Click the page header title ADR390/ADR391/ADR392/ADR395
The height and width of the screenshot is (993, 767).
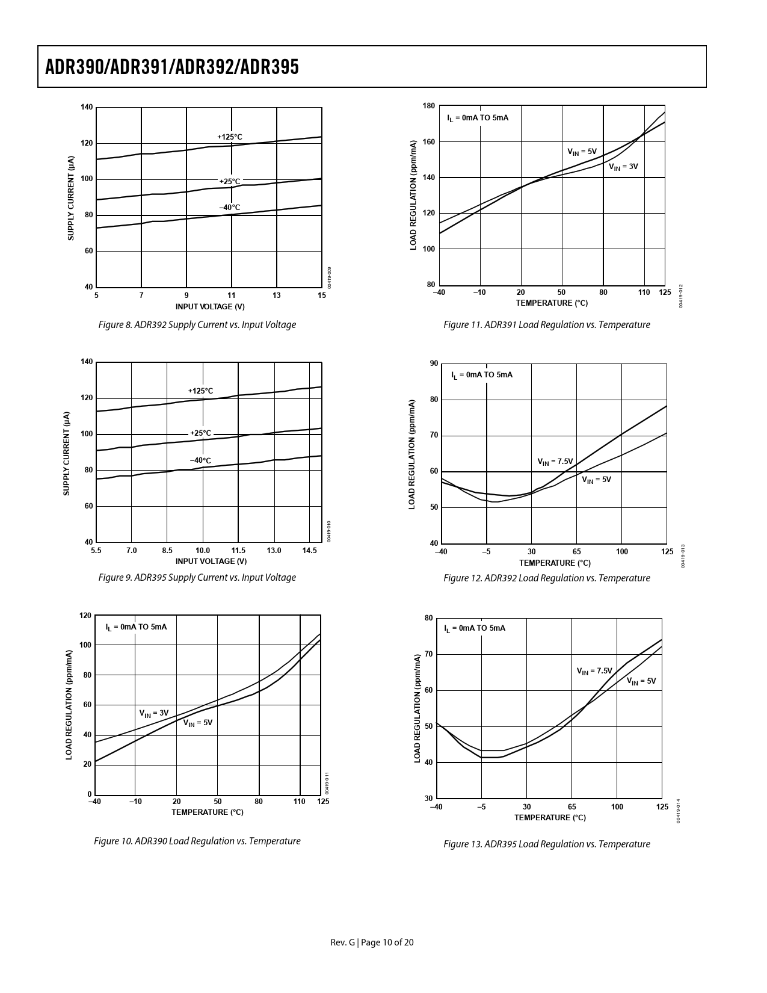pyautogui.click(x=171, y=67)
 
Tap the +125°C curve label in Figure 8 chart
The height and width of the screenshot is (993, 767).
pyautogui.click(x=229, y=137)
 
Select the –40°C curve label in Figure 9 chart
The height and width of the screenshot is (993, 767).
pyautogui.click(x=200, y=460)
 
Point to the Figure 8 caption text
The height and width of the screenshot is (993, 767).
pyautogui.click(x=197, y=325)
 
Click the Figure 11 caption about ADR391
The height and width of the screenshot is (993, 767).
pyautogui.click(x=546, y=325)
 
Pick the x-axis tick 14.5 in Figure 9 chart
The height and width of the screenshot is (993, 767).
pyautogui.click(x=309, y=551)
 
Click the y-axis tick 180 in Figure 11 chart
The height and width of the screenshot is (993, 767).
pyautogui.click(x=428, y=106)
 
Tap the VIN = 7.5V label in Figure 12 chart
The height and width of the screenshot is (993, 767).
pyautogui.click(x=555, y=462)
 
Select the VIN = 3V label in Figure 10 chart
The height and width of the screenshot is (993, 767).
pyautogui.click(x=154, y=713)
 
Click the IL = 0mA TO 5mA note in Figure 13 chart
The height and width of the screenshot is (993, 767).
pyautogui.click(x=475, y=628)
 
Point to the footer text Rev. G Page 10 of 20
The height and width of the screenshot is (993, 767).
pyautogui.click(x=372, y=942)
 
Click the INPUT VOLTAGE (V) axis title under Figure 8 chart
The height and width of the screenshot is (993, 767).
pyautogui.click(x=210, y=306)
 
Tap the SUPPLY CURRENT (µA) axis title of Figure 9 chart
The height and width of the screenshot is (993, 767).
pyautogui.click(x=67, y=453)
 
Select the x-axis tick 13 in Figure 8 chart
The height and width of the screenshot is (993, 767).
pyautogui.click(x=277, y=295)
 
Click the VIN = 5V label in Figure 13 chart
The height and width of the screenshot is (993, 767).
pyautogui.click(x=641, y=681)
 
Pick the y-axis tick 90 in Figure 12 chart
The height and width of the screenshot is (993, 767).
pyautogui.click(x=434, y=363)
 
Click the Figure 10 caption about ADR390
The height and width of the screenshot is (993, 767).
pyautogui.click(x=197, y=841)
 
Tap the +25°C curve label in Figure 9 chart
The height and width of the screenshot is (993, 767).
pyautogui.click(x=200, y=433)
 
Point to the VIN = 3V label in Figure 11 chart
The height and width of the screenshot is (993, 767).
pyautogui.click(x=623, y=167)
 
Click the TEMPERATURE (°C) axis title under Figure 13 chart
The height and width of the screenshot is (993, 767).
pyautogui.click(x=550, y=817)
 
